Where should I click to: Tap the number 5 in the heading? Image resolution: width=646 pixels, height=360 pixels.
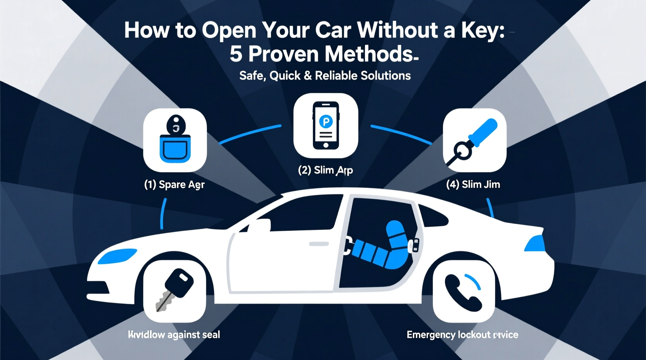[236, 54]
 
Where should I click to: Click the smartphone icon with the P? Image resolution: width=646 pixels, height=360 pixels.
[326, 125]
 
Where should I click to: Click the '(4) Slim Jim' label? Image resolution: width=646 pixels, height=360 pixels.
[473, 184]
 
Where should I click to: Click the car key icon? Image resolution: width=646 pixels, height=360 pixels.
[175, 291]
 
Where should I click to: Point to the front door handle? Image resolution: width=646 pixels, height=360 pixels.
[319, 244]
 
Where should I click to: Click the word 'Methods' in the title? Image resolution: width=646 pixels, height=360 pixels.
[369, 54]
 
